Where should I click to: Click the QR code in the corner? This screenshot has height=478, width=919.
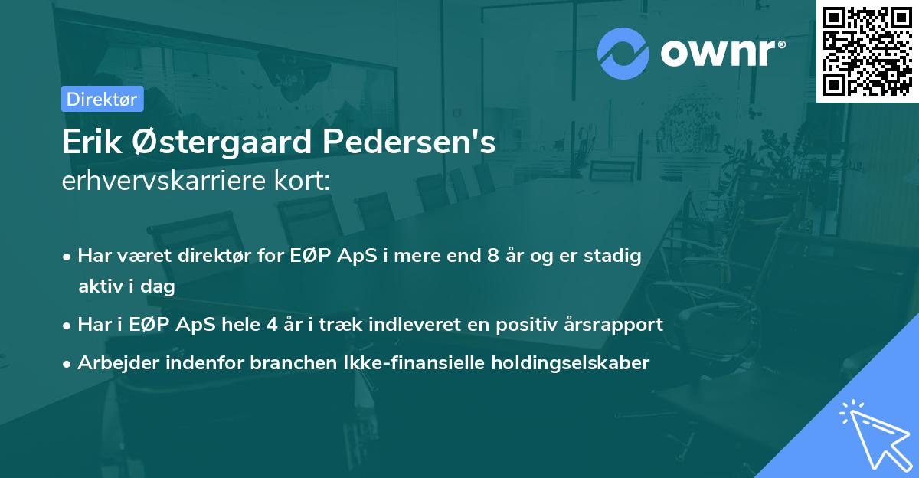tap(867, 51)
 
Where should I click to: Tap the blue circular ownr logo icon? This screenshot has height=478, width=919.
tap(623, 54)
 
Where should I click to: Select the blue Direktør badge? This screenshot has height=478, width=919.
tap(102, 99)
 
